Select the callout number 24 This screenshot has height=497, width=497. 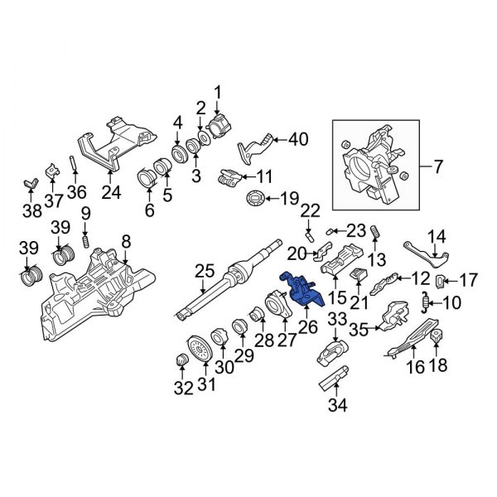pyautogui.click(x=110, y=193)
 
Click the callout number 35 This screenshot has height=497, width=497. pyautogui.click(x=359, y=329)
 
